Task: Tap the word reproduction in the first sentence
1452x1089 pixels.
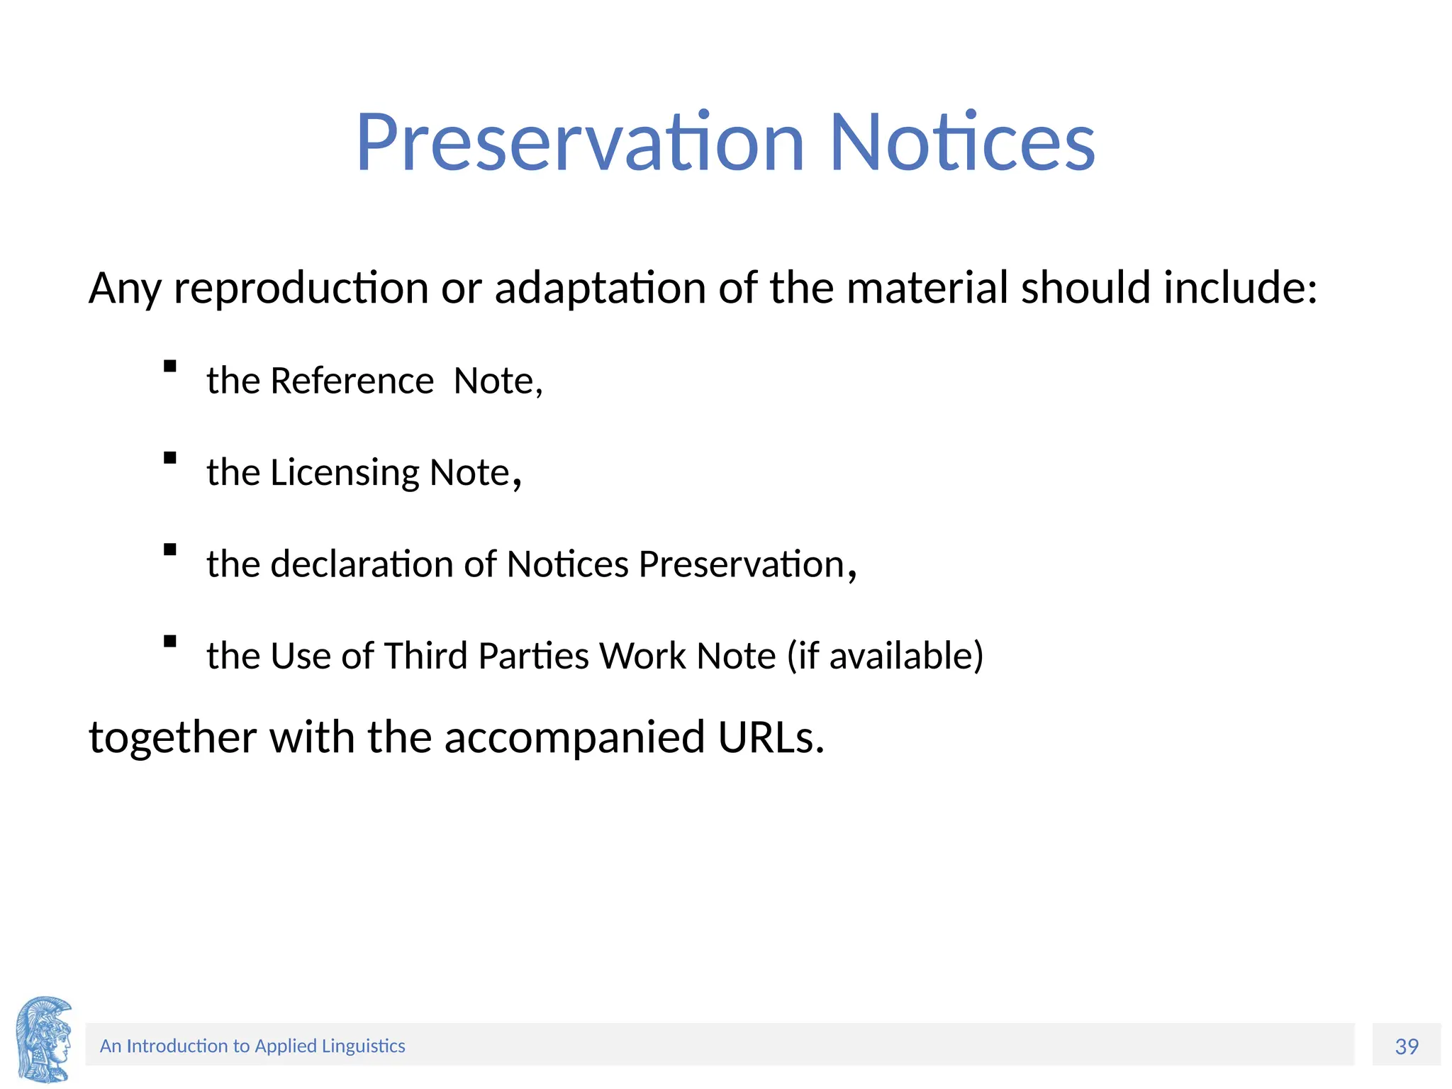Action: [x=301, y=289]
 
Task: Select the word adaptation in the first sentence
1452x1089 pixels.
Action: [x=600, y=289]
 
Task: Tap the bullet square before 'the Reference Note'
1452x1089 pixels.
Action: [x=169, y=367]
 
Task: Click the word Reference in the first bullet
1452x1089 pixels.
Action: [x=352, y=381]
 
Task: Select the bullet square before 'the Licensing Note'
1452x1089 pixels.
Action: [x=169, y=458]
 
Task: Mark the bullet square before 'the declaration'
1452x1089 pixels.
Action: [x=169, y=549]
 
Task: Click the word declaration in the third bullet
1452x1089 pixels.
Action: [x=362, y=564]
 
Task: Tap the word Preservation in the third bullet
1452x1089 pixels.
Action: [x=742, y=564]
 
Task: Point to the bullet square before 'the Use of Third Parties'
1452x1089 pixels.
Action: [x=169, y=641]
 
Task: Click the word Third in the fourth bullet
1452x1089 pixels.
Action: [x=426, y=656]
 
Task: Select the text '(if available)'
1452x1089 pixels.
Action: [x=886, y=656]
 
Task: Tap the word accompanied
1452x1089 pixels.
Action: [x=575, y=737]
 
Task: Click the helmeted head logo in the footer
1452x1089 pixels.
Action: [x=44, y=1039]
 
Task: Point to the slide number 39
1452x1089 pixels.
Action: [x=1407, y=1046]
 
